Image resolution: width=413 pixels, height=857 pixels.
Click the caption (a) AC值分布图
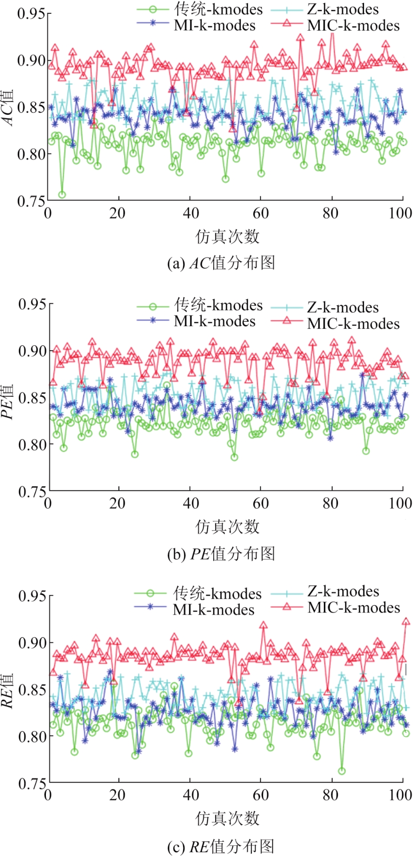click(x=221, y=263)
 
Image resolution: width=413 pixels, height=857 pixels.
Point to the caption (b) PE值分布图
click(x=221, y=554)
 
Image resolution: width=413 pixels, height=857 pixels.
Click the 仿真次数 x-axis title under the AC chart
click(x=227, y=237)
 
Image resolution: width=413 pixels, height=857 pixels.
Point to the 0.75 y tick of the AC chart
click(x=31, y=201)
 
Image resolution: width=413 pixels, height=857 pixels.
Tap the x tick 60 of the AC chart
click(x=260, y=213)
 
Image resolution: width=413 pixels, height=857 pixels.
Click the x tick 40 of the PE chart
click(x=190, y=503)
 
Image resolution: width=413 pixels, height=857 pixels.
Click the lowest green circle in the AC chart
click(x=62, y=195)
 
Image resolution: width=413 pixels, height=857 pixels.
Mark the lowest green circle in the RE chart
click(x=342, y=771)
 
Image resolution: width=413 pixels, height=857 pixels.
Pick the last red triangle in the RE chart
click(x=406, y=622)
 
